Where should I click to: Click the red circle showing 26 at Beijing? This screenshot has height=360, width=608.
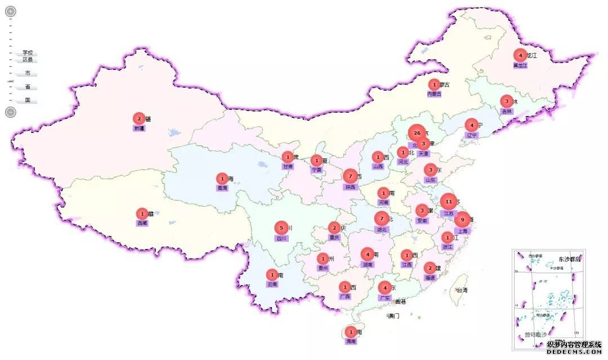[x=416, y=134]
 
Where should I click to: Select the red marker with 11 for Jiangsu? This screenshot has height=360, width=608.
[x=449, y=201]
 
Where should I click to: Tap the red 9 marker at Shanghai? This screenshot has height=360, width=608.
[x=462, y=220]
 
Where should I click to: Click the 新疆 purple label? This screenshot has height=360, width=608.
[x=139, y=128]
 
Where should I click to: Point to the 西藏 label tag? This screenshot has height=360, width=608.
[x=142, y=223]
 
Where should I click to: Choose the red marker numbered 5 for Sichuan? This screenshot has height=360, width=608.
[x=281, y=228]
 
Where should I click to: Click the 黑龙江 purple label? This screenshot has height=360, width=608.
[x=520, y=65]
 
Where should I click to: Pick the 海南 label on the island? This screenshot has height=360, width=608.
[x=351, y=341]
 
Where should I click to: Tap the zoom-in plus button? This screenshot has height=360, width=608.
[x=11, y=11]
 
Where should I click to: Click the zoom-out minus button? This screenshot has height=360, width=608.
[x=11, y=112]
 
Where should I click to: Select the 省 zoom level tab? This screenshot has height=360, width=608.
[x=27, y=87]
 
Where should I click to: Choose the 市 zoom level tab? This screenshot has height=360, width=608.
[x=27, y=73]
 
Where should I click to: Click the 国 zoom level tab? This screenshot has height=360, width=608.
[x=27, y=100]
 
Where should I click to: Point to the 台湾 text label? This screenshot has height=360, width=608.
[x=462, y=290]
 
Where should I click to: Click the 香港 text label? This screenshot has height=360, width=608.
[x=400, y=302]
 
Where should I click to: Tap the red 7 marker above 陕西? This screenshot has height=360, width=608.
[x=350, y=176]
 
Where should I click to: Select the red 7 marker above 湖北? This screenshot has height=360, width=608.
[x=382, y=219]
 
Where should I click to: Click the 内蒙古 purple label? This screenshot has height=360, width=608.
[x=434, y=94]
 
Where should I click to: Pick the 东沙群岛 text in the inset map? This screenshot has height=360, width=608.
[x=569, y=259]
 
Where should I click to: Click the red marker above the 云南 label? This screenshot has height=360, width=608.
[x=272, y=275]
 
